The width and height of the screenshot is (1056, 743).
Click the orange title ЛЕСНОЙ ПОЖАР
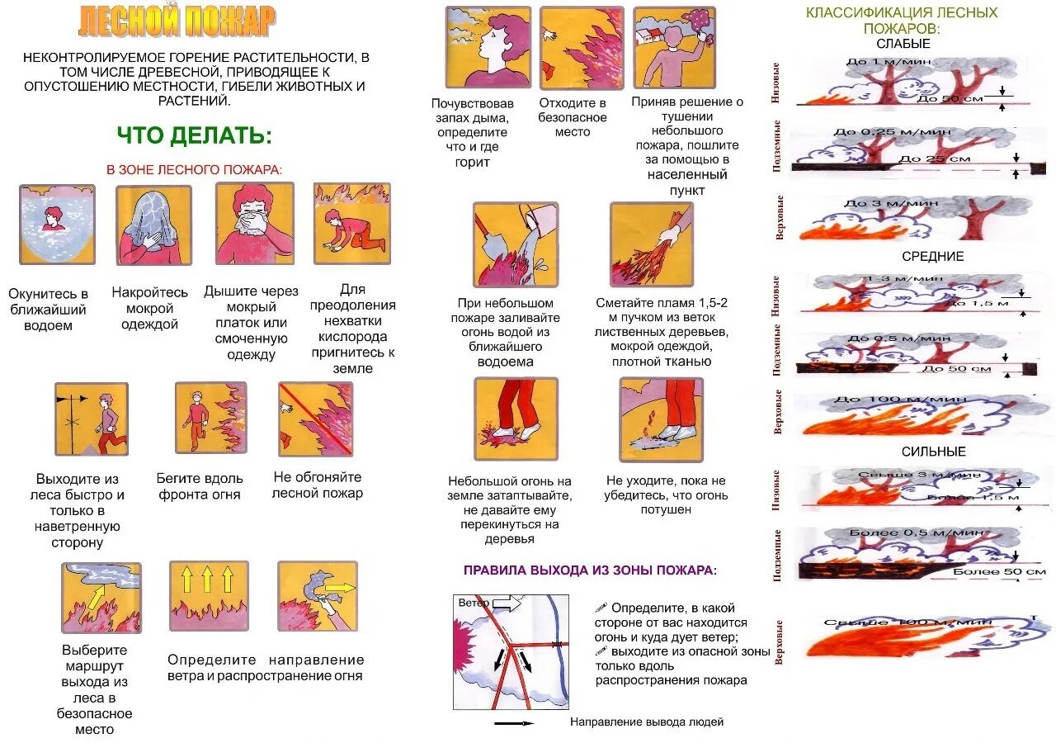[x=177, y=21]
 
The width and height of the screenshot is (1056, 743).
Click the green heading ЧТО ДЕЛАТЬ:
[x=194, y=136]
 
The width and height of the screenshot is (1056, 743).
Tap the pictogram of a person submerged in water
[x=57, y=224]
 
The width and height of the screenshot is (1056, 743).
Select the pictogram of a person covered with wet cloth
[x=153, y=225]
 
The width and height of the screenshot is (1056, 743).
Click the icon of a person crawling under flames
[x=351, y=224]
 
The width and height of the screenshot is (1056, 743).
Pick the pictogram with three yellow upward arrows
[x=208, y=596]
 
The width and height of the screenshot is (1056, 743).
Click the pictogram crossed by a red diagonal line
[x=315, y=419]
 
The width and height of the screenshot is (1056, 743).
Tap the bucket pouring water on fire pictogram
[x=515, y=244]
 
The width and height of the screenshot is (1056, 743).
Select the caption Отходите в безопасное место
[x=573, y=117]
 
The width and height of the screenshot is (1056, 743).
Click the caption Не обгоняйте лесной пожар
[x=318, y=485]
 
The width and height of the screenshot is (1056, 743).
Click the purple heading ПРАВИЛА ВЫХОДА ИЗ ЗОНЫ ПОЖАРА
[x=590, y=570]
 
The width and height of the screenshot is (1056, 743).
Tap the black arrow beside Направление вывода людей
[x=513, y=722]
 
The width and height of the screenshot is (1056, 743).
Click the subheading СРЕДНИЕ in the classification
[x=932, y=257]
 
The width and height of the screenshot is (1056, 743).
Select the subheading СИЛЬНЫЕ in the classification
[x=933, y=452]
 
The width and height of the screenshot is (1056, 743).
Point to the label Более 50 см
[x=999, y=571]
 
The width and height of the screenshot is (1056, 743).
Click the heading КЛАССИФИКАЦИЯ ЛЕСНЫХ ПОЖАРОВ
[x=902, y=21]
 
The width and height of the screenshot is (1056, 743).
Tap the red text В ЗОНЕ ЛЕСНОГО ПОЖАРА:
[x=194, y=169]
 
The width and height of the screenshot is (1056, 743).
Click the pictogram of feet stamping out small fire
[x=516, y=419]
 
